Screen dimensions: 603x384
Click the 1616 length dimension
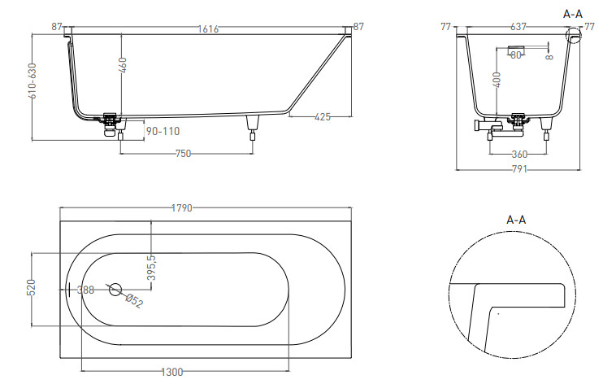click(208, 29)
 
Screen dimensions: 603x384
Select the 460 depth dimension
click(123, 65)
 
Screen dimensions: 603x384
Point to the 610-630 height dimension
click(33, 81)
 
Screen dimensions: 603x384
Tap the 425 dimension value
click(323, 116)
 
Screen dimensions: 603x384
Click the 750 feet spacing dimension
click(183, 154)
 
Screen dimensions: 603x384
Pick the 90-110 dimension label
click(163, 131)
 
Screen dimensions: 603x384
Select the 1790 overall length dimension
click(181, 208)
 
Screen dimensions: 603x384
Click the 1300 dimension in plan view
click(172, 372)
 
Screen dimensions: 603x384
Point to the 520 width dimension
click(32, 288)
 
